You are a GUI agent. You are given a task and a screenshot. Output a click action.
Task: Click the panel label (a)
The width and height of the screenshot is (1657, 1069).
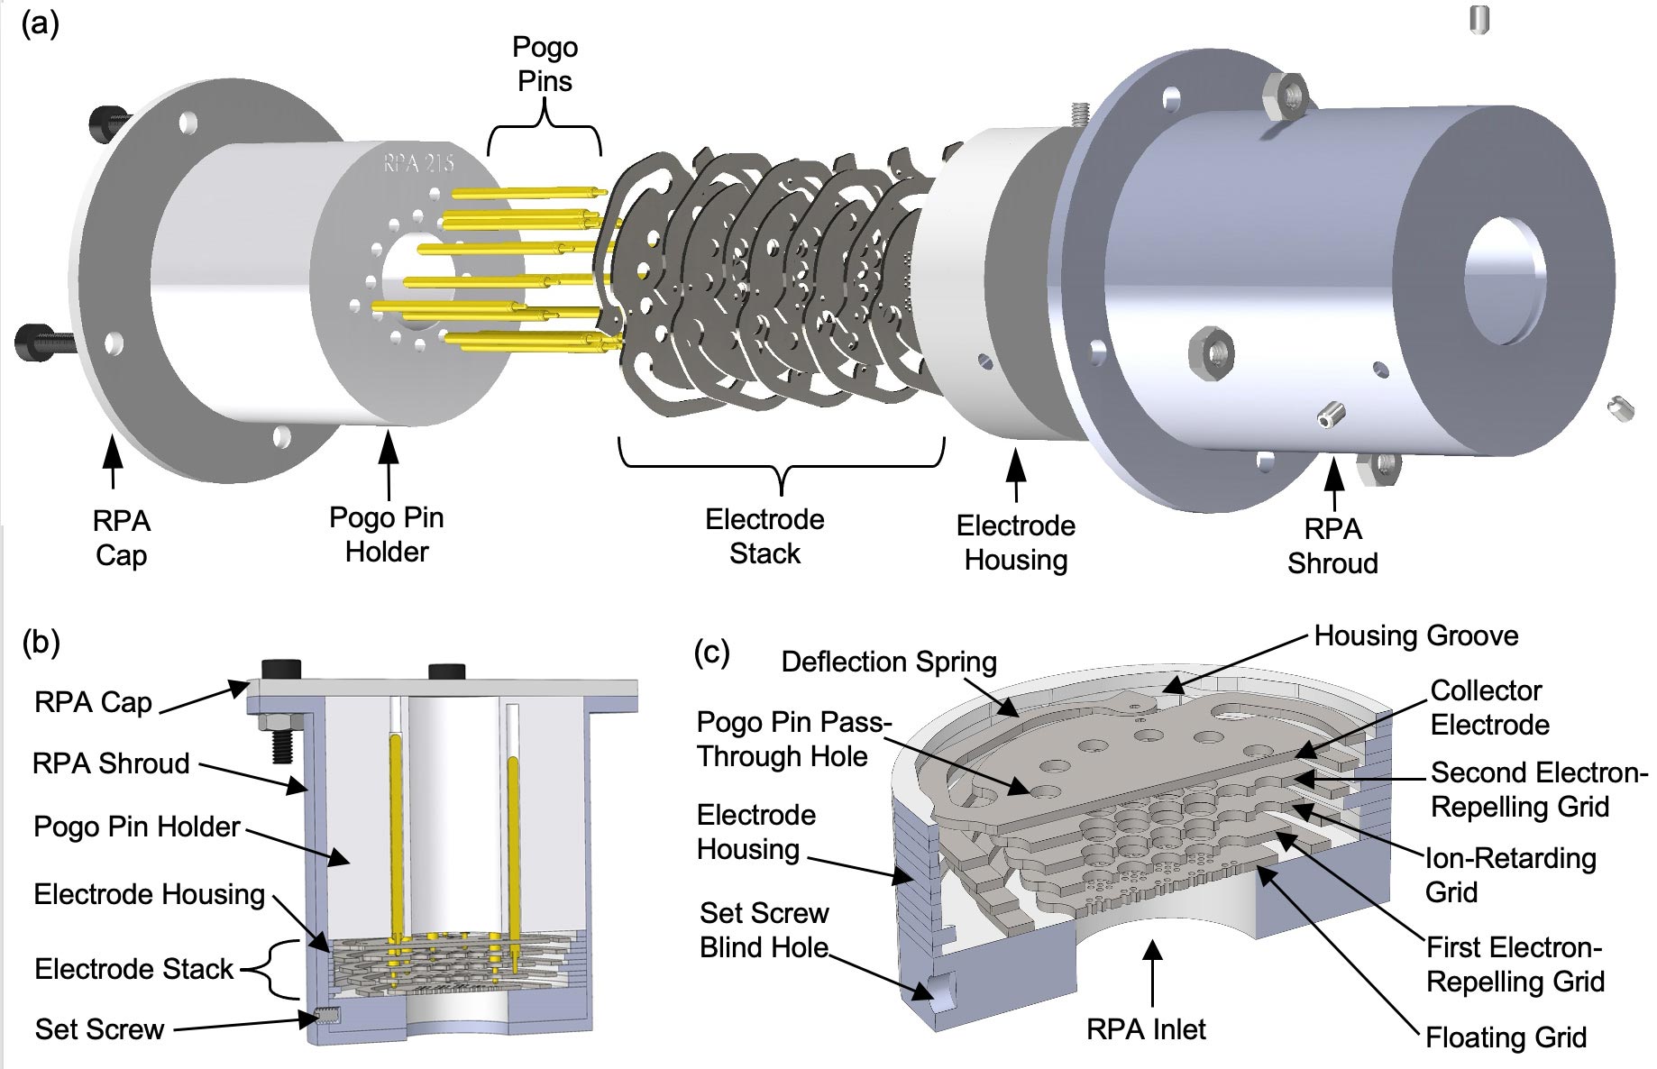40,23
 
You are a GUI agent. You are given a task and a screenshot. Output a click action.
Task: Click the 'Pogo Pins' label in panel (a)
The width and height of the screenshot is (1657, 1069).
545,64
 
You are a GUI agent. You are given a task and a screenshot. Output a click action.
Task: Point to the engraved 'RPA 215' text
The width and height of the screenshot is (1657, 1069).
418,162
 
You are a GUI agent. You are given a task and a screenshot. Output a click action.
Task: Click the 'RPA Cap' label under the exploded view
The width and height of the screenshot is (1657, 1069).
121,538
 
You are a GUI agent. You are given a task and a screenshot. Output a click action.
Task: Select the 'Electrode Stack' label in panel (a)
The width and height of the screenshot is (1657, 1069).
764,536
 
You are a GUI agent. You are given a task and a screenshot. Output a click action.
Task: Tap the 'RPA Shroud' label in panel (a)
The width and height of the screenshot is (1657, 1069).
1332,546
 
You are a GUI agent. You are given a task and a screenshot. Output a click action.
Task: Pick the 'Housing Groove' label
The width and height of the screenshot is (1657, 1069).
1416,636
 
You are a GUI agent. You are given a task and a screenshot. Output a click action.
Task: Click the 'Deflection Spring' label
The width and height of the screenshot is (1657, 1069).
889,662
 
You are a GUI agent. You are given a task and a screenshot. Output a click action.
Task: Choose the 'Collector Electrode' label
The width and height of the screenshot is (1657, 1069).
1489,708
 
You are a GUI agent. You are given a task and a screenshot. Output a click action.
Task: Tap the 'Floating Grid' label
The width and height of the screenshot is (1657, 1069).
1506,1037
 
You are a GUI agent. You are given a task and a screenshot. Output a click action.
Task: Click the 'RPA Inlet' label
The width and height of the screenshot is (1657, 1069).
1146,1029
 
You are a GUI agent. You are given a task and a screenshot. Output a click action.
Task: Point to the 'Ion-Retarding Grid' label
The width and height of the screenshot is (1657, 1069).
1510,875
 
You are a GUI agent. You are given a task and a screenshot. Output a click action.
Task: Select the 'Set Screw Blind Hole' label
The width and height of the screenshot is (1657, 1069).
764,930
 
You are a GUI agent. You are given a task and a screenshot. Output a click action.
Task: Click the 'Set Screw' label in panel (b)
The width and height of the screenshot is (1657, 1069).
99,1029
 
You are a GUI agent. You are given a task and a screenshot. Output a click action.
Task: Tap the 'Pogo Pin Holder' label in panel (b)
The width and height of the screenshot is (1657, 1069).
137,827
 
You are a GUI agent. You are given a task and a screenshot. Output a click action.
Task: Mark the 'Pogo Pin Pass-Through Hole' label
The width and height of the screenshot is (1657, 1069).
793,739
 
